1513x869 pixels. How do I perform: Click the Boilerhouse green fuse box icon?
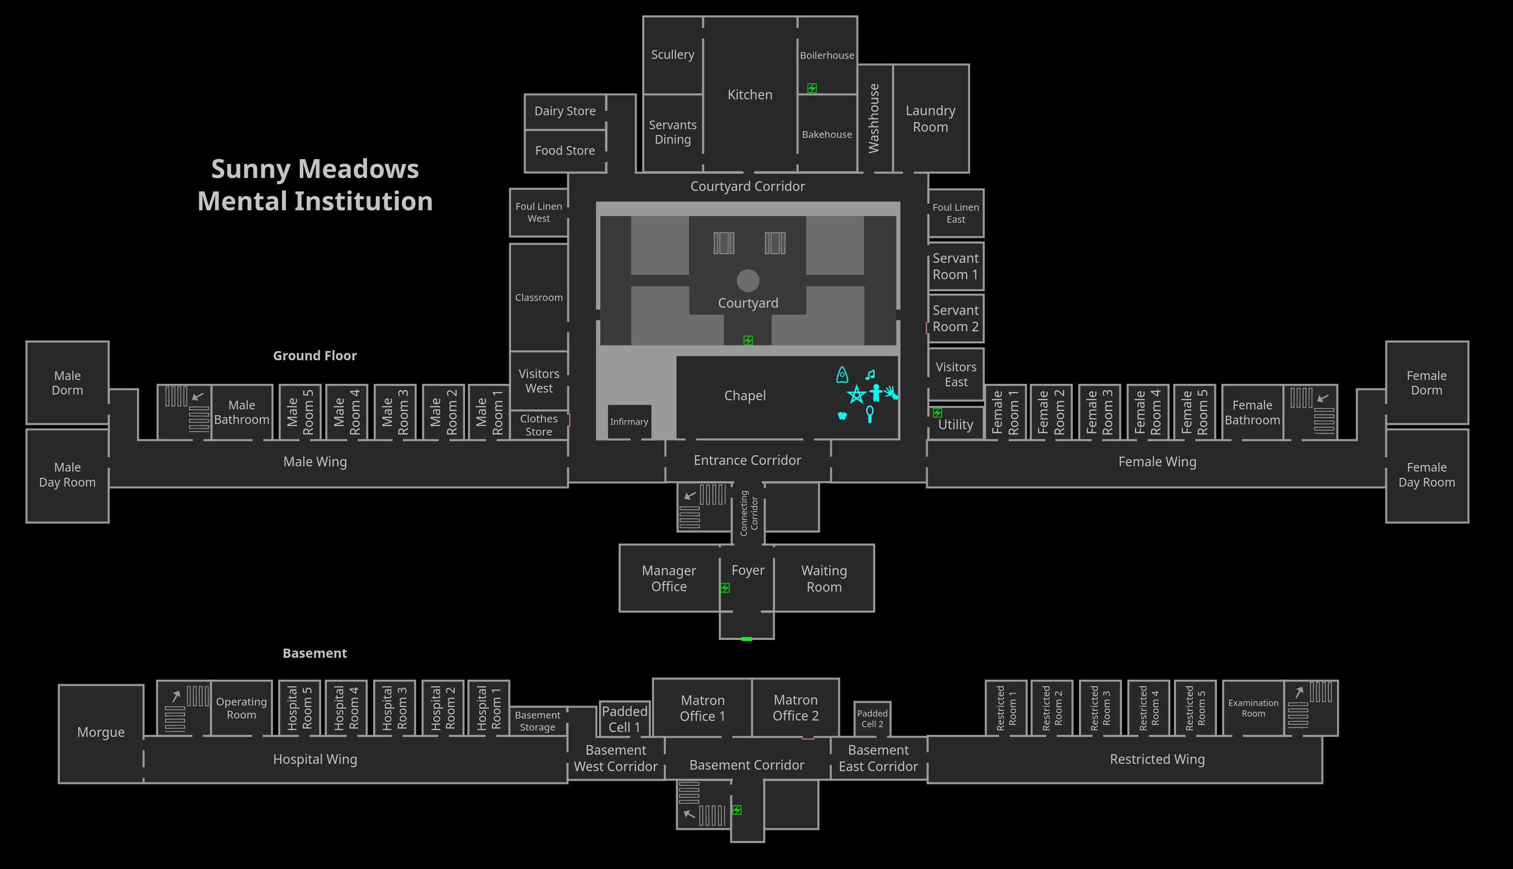tap(812, 88)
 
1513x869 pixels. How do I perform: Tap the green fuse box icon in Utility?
tap(937, 412)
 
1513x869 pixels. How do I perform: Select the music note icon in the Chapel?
tap(870, 375)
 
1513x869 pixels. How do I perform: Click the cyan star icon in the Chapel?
tap(856, 394)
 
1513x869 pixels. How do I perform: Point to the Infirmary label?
tap(629, 422)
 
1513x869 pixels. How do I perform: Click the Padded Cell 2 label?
tap(872, 719)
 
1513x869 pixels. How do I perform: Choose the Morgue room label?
tap(101, 733)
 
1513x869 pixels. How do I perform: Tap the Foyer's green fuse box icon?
tap(725, 588)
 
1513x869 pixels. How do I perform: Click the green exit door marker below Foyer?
tap(746, 638)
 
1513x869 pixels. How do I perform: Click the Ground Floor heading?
tap(315, 356)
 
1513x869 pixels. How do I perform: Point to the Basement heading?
tap(314, 653)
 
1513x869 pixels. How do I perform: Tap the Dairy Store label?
tap(565, 111)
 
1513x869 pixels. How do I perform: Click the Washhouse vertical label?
tap(874, 118)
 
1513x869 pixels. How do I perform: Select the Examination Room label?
tap(1253, 708)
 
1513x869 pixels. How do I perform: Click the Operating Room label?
tap(241, 708)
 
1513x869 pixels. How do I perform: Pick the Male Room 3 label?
tap(395, 412)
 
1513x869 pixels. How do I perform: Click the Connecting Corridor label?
tap(748, 513)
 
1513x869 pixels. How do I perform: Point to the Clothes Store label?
tap(539, 425)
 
